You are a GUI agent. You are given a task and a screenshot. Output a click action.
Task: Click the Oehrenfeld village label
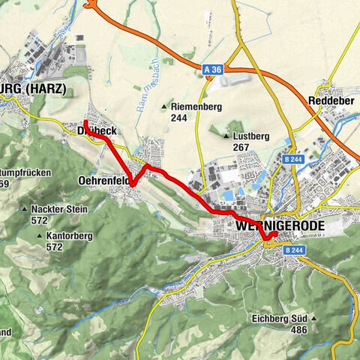pos(102,180)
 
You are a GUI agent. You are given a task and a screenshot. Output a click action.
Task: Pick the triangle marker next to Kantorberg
pos(38,235)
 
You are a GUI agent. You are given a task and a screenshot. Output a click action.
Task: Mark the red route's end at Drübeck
pos(85,121)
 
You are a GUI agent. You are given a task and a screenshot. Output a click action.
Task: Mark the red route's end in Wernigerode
pos(275,233)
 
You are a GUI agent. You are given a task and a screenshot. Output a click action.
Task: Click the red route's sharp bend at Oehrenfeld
pos(131,183)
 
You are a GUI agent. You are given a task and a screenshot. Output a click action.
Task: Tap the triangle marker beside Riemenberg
pos(165,107)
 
